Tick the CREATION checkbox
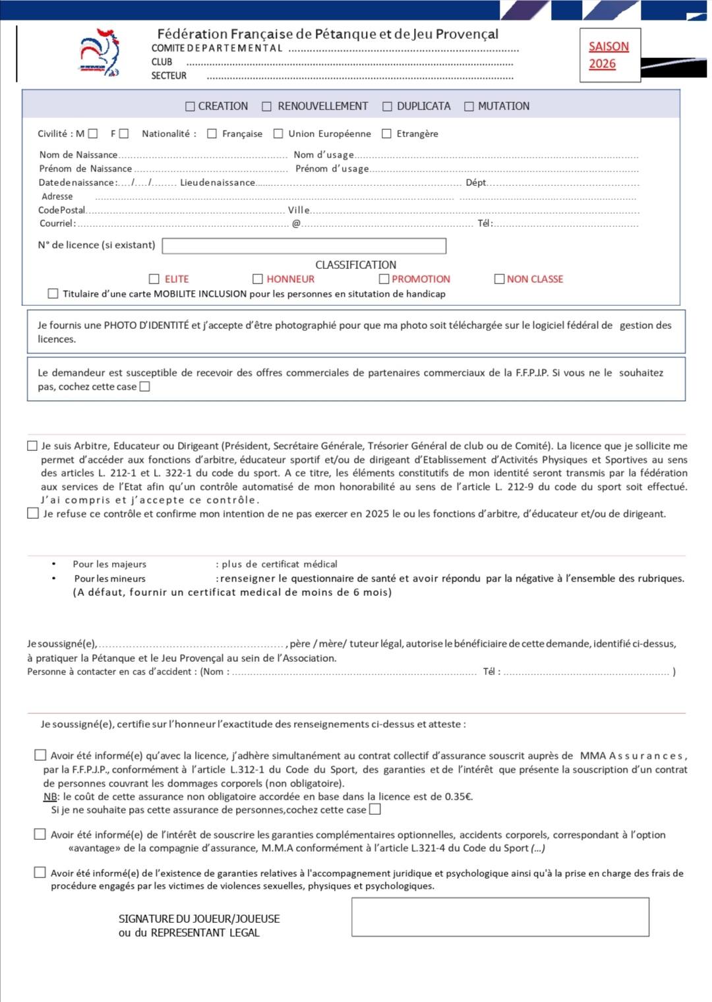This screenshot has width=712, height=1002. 191,106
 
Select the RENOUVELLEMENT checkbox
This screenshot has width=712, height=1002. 267,106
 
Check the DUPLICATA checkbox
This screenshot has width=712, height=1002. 387,106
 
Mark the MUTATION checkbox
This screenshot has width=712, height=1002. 469,106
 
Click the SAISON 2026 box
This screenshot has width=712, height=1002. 610,55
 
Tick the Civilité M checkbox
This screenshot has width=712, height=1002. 93,134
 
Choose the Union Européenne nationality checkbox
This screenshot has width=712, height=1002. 278,134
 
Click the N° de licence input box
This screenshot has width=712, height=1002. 304,246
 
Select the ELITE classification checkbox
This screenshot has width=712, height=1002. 154,279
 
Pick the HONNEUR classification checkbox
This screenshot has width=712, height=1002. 258,279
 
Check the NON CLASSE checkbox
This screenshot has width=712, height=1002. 499,279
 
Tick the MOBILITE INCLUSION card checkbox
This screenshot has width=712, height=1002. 53,293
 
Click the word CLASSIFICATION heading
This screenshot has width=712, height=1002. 355,264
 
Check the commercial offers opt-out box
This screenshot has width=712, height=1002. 145,387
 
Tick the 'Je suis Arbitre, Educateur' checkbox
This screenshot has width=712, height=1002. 32,446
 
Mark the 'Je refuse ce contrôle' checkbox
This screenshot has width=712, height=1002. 33,513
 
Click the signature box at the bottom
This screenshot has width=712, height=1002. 500,916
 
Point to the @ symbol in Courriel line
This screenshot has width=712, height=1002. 296,223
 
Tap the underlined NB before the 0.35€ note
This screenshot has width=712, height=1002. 50,796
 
